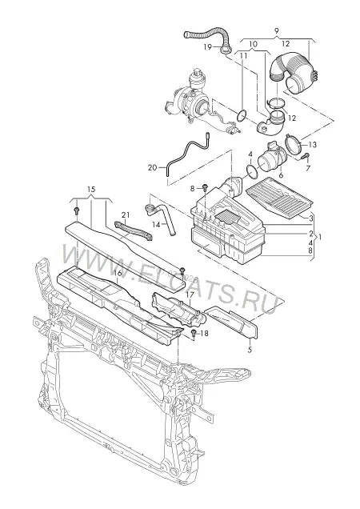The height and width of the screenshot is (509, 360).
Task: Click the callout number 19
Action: (x=208, y=47)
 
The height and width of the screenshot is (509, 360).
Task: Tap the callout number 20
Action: (x=152, y=168)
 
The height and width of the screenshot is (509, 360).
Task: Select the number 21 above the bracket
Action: (x=126, y=214)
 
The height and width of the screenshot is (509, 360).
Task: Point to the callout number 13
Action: (x=313, y=144)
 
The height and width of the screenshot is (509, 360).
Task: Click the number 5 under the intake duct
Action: (x=250, y=350)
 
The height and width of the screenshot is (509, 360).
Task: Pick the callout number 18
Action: (x=204, y=334)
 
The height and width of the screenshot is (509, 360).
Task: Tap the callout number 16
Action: (x=118, y=274)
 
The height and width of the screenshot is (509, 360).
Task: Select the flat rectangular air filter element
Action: (x=280, y=197)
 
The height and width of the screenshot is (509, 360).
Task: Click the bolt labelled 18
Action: (x=194, y=333)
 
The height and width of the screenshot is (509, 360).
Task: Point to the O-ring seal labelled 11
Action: (x=242, y=115)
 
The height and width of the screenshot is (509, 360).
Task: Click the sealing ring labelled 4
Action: (x=252, y=171)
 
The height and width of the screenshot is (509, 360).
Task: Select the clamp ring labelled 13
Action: (x=294, y=143)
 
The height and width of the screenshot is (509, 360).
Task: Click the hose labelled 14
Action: (x=162, y=218)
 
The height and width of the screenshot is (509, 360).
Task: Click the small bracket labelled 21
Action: (x=134, y=230)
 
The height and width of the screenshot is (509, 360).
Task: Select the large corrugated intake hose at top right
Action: (x=290, y=74)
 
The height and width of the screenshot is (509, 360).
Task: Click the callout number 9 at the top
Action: (x=276, y=31)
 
